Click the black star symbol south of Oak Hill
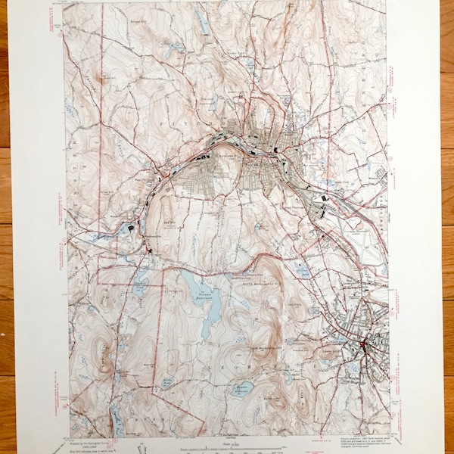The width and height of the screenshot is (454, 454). click(154, 250)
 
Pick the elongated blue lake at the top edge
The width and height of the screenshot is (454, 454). click(204, 23)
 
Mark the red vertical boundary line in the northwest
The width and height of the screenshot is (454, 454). click(101, 113)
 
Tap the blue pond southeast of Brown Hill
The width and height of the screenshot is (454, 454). click(176, 48)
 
